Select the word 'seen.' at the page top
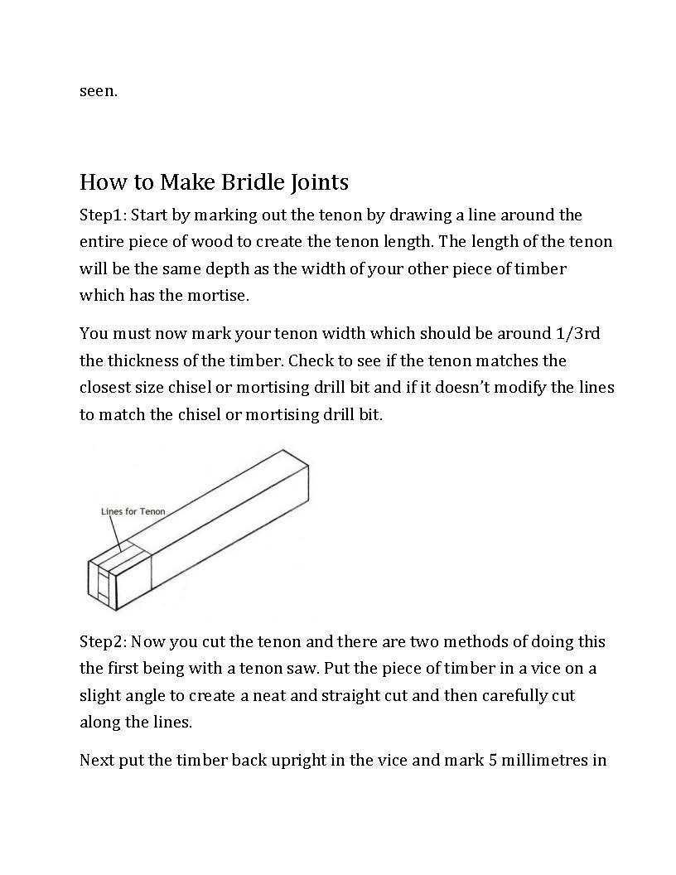[x=99, y=91]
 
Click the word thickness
[x=142, y=361]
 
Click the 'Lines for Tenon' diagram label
[x=133, y=511]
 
